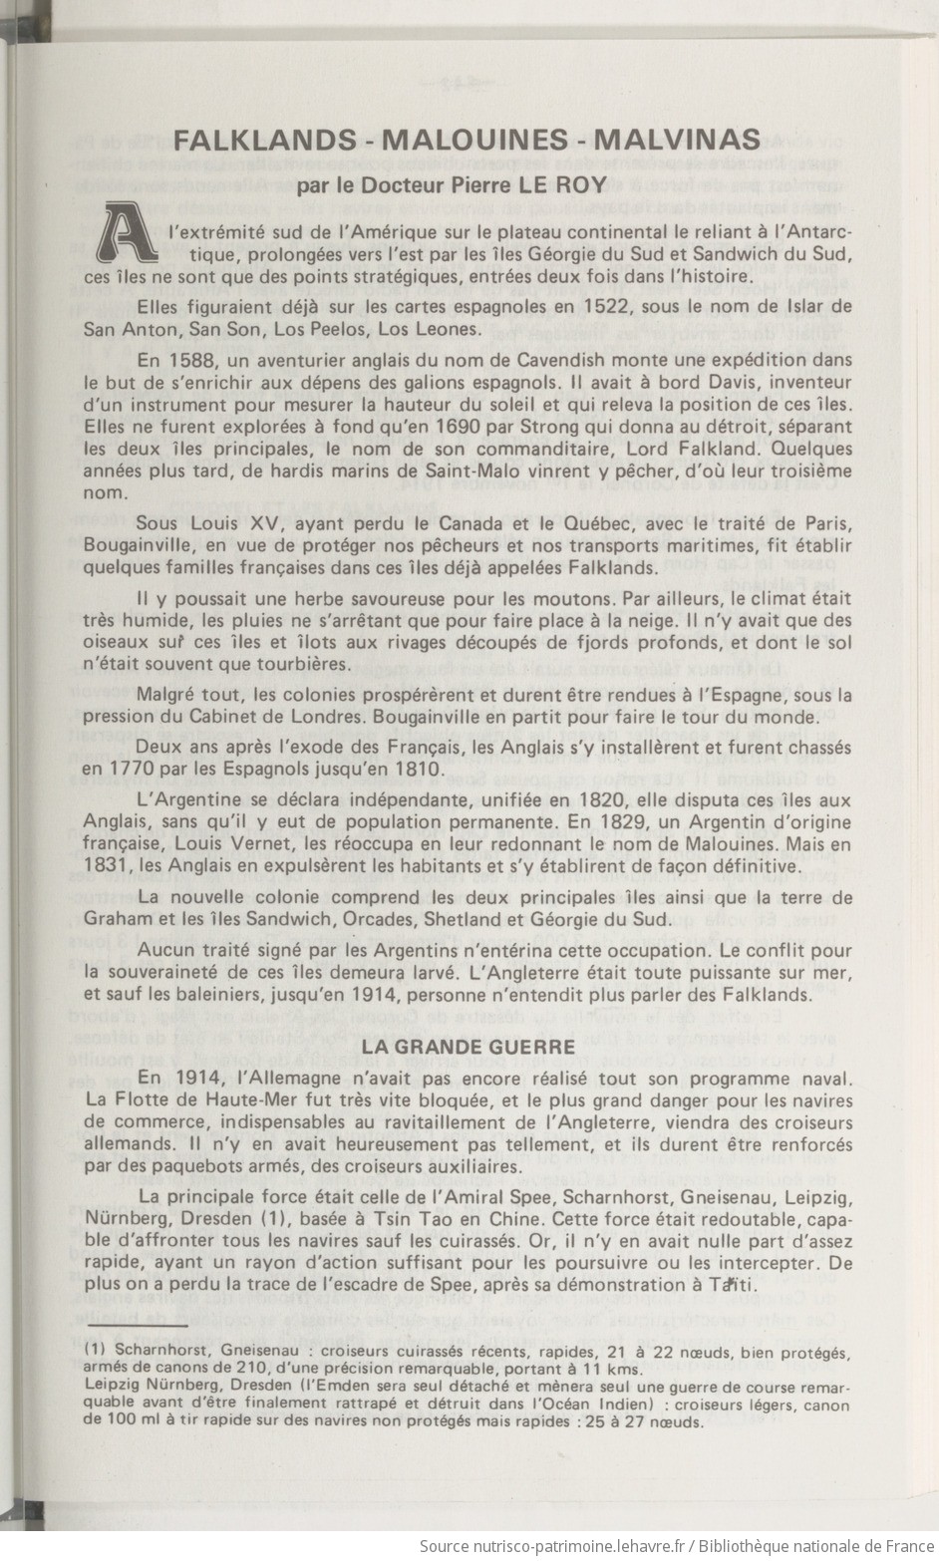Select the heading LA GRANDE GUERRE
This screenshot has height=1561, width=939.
tap(468, 1046)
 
